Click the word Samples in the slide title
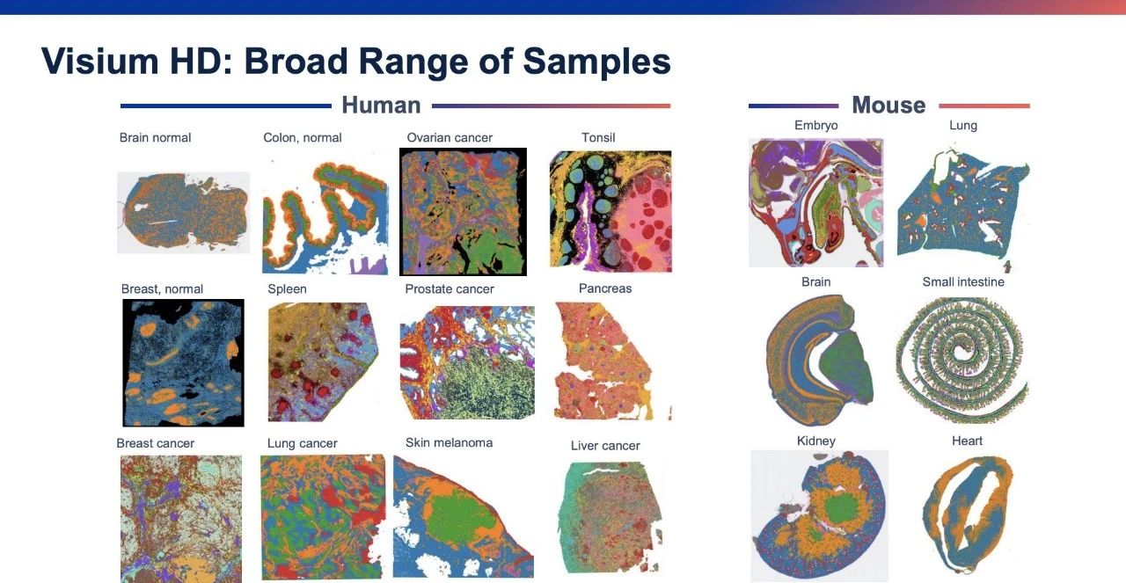pyautogui.click(x=596, y=62)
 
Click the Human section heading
pyautogui.click(x=381, y=105)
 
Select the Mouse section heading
pyautogui.click(x=888, y=105)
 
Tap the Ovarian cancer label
pyautogui.click(x=450, y=138)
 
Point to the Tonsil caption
pyautogui.click(x=598, y=138)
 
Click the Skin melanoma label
pyautogui.click(x=449, y=443)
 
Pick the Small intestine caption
pyautogui.click(x=963, y=282)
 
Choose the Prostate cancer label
pyautogui.click(x=450, y=289)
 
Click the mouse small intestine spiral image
pyautogui.click(x=961, y=360)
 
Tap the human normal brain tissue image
pyautogui.click(x=184, y=212)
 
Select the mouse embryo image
pyautogui.click(x=815, y=202)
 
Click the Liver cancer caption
pyautogui.click(x=605, y=446)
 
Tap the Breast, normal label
pyautogui.click(x=162, y=289)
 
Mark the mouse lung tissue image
pyautogui.click(x=963, y=207)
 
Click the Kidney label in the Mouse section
pyautogui.click(x=815, y=441)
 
